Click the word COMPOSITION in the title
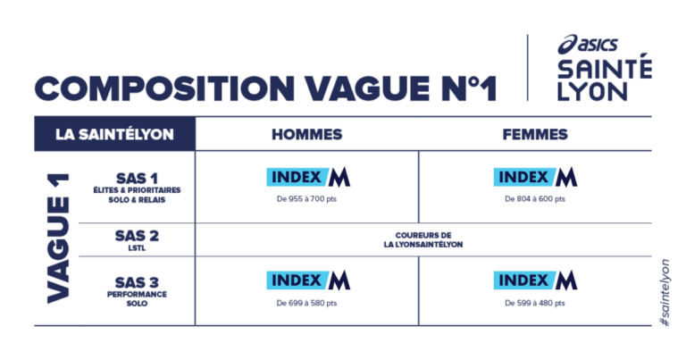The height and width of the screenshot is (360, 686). coord(164,88)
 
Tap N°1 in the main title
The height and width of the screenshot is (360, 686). coord(469,88)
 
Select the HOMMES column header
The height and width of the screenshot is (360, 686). coord(307,134)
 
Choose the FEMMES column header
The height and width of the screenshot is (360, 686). coord(535,134)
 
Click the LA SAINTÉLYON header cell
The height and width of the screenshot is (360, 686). coord(114,134)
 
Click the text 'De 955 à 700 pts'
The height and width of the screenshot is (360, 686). coord(306,199)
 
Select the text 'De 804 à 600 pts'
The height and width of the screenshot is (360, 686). coord(535,199)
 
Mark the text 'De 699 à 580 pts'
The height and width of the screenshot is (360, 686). coord(306,303)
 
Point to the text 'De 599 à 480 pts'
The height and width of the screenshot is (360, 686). coord(535,303)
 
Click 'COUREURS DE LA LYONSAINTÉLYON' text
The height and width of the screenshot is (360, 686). coord(423,239)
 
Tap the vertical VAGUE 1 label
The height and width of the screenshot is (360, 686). coord(59,239)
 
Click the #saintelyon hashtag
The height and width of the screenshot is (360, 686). coord(665,293)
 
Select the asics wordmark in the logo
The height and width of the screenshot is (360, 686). coord(588,44)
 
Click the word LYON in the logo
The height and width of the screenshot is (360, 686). coord(593,91)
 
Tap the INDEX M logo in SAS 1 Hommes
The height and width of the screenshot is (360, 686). coord(308,177)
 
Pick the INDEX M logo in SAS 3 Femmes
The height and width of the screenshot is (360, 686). coord(536,280)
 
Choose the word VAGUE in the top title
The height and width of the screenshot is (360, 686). coord(367,88)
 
